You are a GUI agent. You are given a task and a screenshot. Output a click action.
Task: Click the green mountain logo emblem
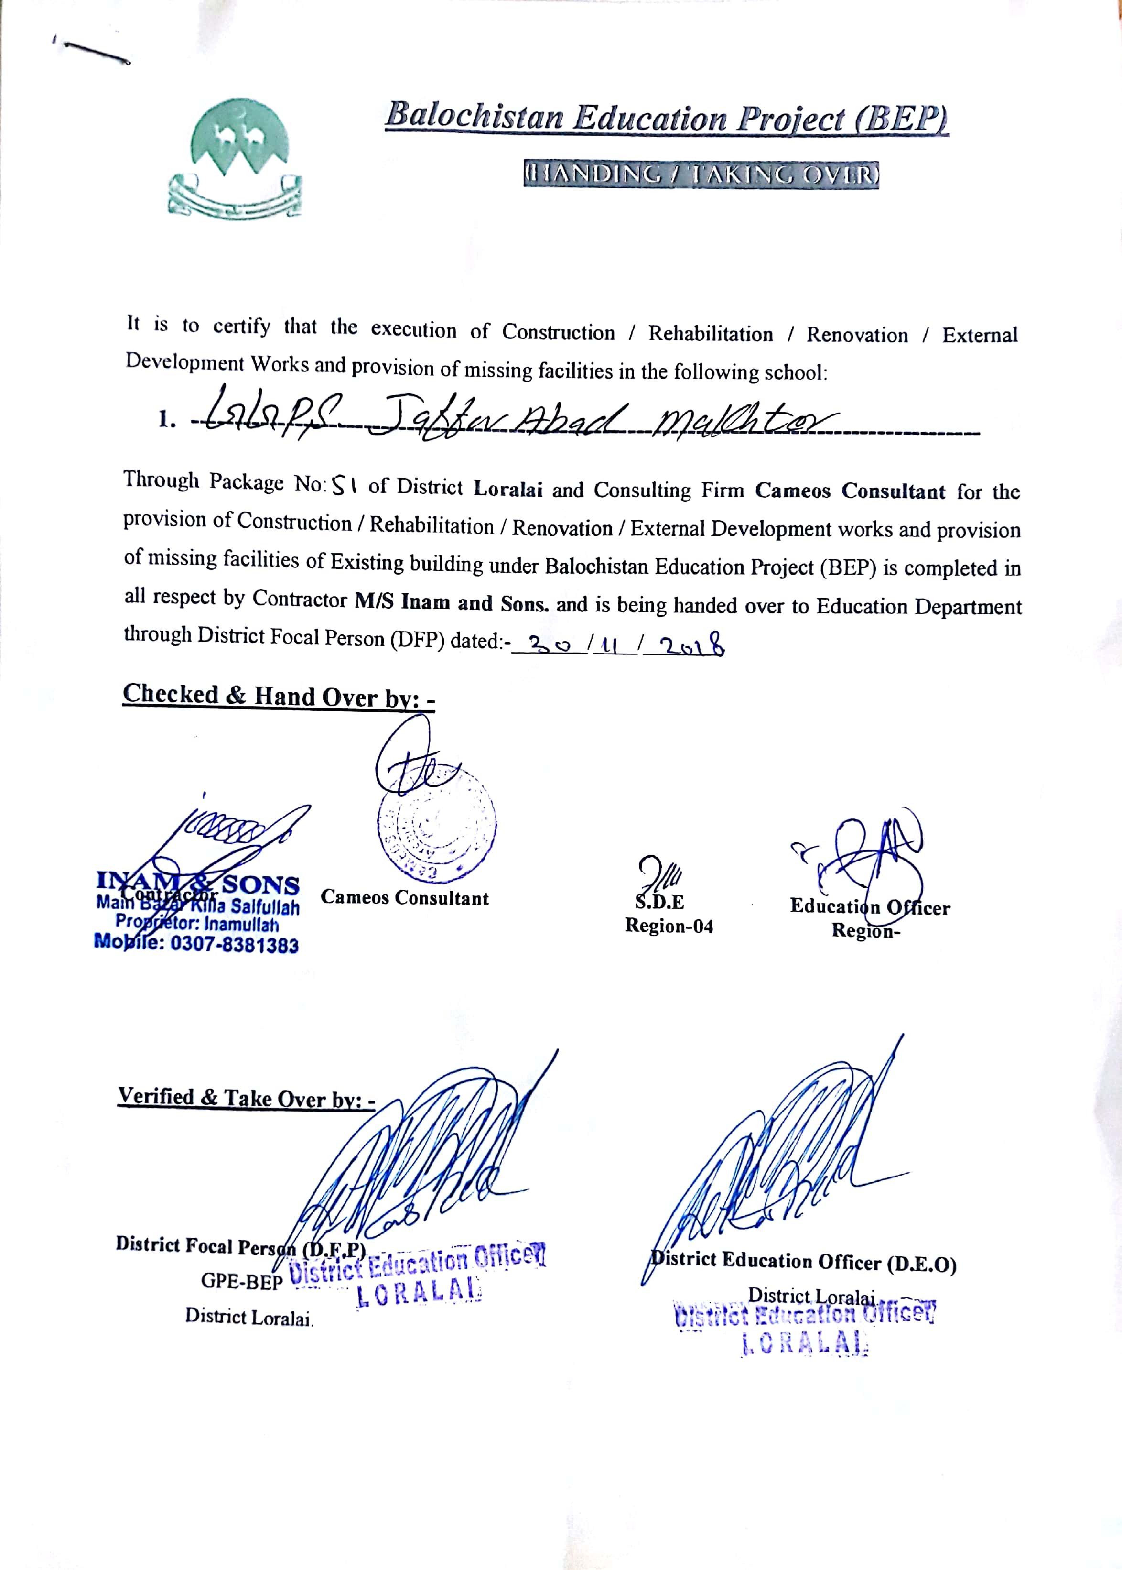click(236, 158)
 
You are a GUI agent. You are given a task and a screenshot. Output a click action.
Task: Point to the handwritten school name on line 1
click(511, 417)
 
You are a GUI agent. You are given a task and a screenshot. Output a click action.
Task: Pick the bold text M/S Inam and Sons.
click(453, 602)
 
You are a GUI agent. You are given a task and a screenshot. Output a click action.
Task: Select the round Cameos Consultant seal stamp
click(437, 823)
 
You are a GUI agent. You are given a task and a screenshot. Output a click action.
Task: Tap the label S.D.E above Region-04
click(660, 902)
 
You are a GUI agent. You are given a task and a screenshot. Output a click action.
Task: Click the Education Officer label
click(870, 906)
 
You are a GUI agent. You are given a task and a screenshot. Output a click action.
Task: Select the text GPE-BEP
click(242, 1281)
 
